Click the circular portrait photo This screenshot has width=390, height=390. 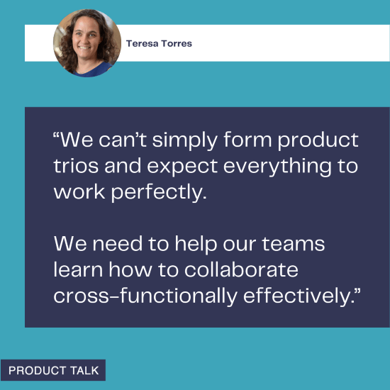pyautogui.click(x=87, y=43)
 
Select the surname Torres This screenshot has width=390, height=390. pyautogui.click(x=177, y=43)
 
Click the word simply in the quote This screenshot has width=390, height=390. pyautogui.click(x=186, y=140)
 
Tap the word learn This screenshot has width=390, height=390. pyautogui.click(x=76, y=270)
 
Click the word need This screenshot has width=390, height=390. pyautogui.click(x=114, y=245)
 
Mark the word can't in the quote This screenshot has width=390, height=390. pyautogui.click(x=128, y=140)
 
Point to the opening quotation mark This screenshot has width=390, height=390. pyautogui.click(x=57, y=134)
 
